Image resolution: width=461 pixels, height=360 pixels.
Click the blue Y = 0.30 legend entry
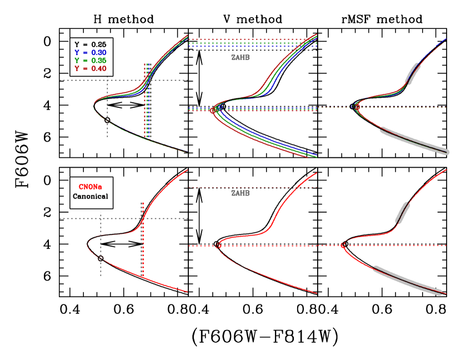(x=90, y=52)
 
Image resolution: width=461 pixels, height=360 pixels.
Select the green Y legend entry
(x=90, y=60)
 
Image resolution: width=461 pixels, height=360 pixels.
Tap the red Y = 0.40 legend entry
(x=90, y=68)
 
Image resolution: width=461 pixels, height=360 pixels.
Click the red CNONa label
(x=90, y=187)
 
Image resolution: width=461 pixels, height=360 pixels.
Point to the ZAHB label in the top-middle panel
(x=240, y=58)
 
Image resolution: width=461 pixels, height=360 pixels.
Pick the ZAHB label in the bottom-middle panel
(x=240, y=193)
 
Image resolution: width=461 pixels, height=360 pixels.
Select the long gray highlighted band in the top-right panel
(x=414, y=141)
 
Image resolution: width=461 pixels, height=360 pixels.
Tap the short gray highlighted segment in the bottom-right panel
(x=403, y=212)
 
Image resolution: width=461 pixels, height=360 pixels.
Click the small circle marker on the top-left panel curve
(x=107, y=120)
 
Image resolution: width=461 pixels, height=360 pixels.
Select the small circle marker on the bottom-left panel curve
(x=101, y=259)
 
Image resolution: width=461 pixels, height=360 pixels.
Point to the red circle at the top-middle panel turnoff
(x=212, y=111)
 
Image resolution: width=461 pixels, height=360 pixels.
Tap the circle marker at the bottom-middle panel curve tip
(x=218, y=246)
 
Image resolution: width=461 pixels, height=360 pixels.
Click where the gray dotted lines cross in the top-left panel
(x=107, y=80)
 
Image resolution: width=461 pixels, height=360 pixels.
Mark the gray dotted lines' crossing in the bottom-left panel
(x=101, y=218)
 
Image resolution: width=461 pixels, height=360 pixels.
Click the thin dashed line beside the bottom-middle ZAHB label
(x=278, y=187)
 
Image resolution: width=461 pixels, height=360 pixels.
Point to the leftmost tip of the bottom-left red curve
(x=88, y=243)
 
